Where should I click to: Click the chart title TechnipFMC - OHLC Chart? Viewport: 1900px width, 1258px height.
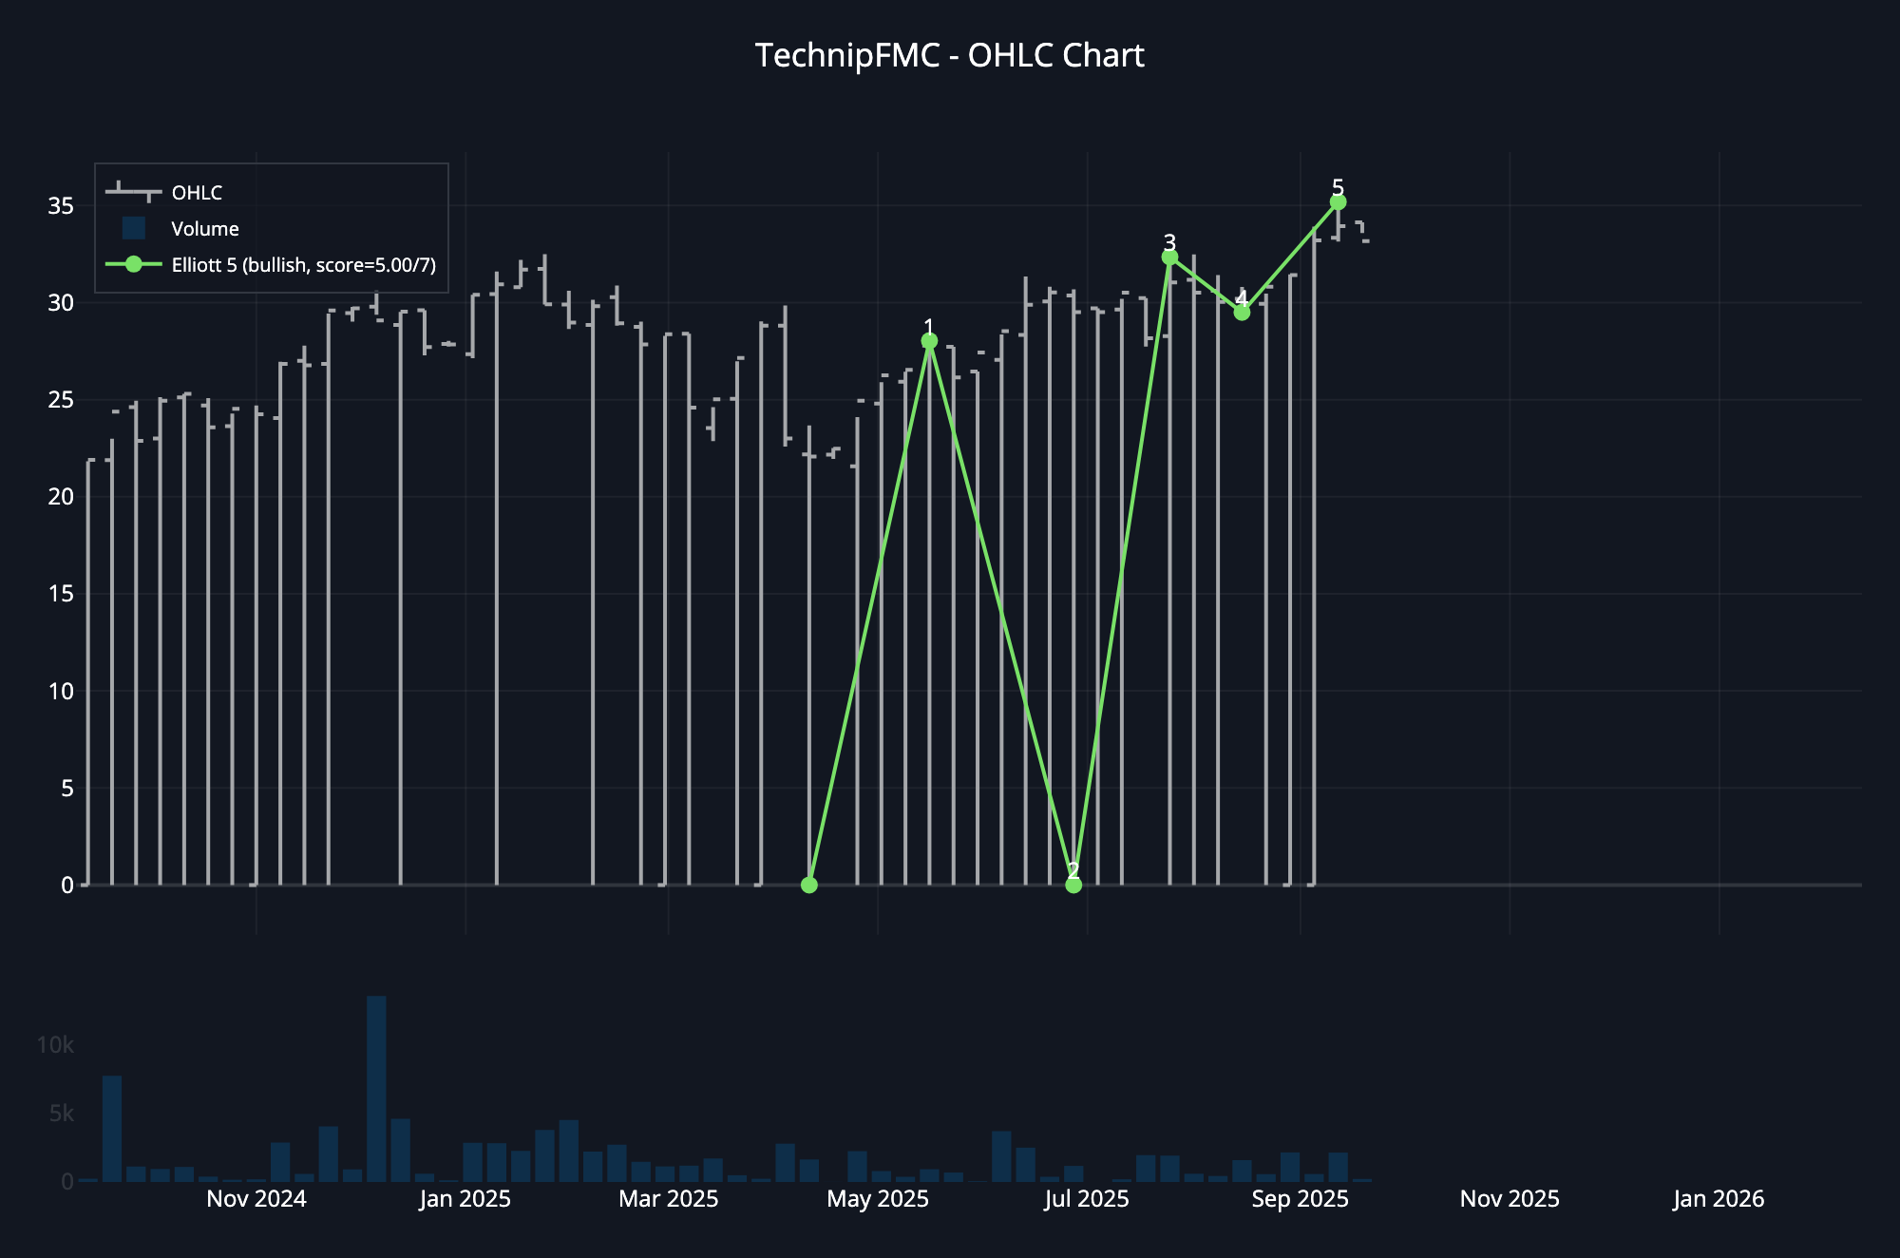[x=949, y=56]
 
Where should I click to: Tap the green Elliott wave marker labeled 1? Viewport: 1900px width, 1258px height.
[x=929, y=341]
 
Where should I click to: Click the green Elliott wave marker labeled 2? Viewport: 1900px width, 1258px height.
[x=1073, y=885]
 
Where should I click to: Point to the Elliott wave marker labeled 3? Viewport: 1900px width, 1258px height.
[x=1169, y=257]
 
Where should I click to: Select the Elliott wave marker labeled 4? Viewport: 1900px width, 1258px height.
[x=1242, y=313]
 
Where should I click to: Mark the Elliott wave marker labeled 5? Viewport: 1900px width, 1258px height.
[x=1338, y=202]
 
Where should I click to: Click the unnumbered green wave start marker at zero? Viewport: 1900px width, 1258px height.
[x=809, y=885]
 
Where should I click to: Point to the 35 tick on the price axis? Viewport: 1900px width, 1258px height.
[x=61, y=206]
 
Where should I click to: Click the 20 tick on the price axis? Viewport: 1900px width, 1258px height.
[x=61, y=497]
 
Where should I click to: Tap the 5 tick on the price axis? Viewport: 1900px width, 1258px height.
[x=66, y=789]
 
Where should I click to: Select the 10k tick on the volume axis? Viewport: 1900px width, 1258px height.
[x=55, y=1045]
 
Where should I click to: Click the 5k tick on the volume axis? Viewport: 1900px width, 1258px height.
[x=61, y=1114]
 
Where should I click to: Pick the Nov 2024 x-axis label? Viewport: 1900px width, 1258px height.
[x=256, y=1199]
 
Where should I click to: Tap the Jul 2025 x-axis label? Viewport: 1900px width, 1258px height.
[x=1087, y=1199]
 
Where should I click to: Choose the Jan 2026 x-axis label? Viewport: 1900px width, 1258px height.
[x=1719, y=1199]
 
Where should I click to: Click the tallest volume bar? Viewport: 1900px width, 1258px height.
[x=376, y=1088]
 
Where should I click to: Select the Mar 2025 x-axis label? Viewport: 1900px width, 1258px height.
[x=669, y=1199]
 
